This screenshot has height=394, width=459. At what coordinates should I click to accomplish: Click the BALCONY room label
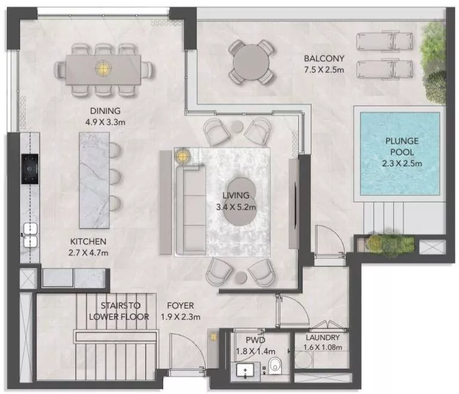click(324, 59)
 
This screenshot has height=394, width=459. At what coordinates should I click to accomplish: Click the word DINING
click(105, 110)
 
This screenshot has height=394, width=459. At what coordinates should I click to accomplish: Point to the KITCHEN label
click(88, 241)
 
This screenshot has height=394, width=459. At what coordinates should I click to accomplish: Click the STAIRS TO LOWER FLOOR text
click(118, 311)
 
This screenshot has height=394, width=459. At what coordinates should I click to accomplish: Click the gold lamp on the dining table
click(105, 67)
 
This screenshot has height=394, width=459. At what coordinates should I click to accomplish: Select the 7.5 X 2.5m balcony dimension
click(323, 70)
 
